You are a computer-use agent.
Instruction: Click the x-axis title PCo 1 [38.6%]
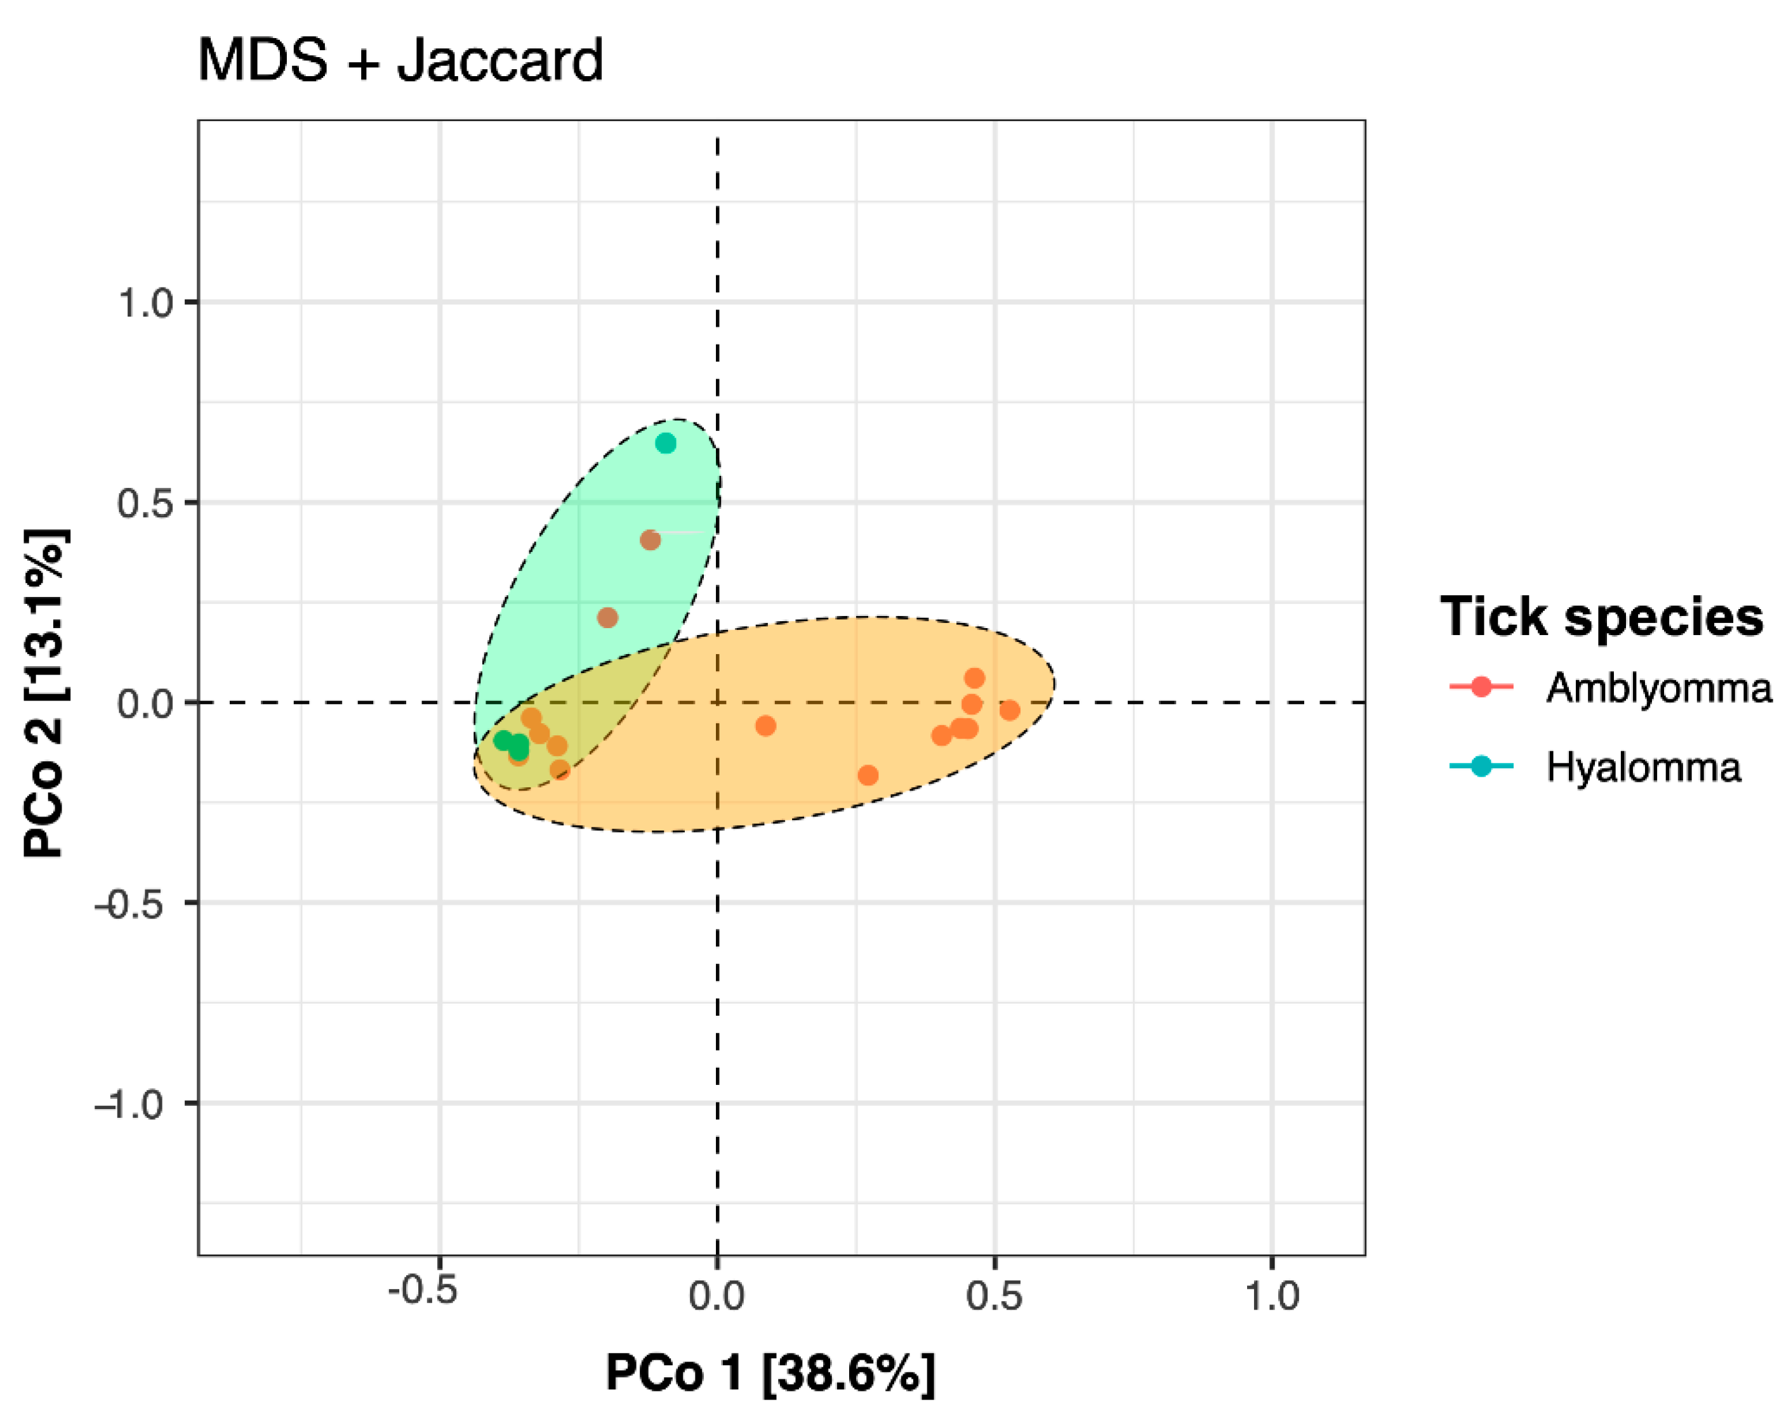coord(770,1372)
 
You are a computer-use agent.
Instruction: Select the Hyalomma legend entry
coord(1642,766)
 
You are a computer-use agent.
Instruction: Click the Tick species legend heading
coord(1601,618)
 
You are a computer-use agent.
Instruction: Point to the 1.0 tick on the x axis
coord(1271,1295)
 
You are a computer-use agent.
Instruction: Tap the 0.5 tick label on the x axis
coord(994,1295)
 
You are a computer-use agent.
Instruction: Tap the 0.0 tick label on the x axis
coord(717,1295)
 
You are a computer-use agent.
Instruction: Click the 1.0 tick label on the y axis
coord(146,303)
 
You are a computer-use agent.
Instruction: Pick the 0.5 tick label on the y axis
coord(146,503)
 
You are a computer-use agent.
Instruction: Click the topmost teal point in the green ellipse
coord(665,443)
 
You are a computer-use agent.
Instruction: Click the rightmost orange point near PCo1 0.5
coord(1009,710)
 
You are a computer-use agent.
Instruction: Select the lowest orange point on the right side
coord(868,775)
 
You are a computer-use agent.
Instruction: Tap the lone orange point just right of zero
coord(765,726)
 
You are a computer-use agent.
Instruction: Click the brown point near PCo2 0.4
coord(650,541)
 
